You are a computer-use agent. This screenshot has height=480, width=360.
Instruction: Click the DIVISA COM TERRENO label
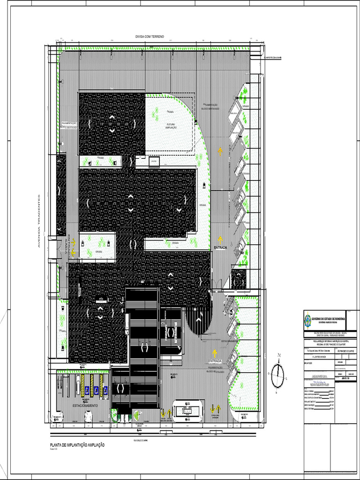[x=150, y=36]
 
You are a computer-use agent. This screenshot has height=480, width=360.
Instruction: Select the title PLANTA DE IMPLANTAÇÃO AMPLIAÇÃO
[x=77, y=445]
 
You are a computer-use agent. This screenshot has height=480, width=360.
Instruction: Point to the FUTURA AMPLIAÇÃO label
[x=171, y=126]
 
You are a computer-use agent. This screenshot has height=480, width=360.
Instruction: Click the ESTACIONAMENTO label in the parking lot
[x=85, y=405]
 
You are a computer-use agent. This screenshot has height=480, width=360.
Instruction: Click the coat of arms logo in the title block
[x=307, y=320]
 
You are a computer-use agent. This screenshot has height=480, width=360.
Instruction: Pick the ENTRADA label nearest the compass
[x=215, y=361]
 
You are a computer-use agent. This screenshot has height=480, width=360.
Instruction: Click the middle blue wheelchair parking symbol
[x=96, y=389]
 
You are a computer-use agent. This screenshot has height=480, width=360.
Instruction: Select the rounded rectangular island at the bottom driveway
[x=188, y=409]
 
